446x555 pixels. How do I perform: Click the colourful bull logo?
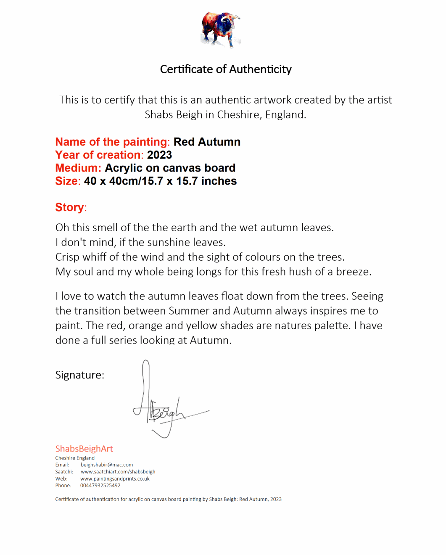pyautogui.click(x=221, y=29)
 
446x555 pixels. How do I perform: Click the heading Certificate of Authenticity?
pyautogui.click(x=226, y=69)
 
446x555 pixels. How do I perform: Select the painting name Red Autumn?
pyautogui.click(x=207, y=142)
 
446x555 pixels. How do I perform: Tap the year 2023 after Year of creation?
pyautogui.click(x=159, y=155)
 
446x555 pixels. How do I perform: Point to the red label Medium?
pyautogui.click(x=78, y=168)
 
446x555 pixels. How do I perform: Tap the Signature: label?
pyautogui.click(x=79, y=375)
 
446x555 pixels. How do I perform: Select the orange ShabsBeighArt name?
pyautogui.click(x=84, y=449)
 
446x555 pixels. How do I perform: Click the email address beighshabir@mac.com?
pyautogui.click(x=107, y=465)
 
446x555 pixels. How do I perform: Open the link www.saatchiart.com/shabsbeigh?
pyautogui.click(x=118, y=472)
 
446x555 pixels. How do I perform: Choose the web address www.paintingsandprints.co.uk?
pyautogui.click(x=115, y=479)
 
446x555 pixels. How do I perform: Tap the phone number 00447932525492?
pyautogui.click(x=100, y=486)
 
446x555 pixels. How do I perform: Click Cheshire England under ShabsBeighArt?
pyautogui.click(x=75, y=458)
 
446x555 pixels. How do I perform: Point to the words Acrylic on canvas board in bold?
pyautogui.click(x=170, y=168)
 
